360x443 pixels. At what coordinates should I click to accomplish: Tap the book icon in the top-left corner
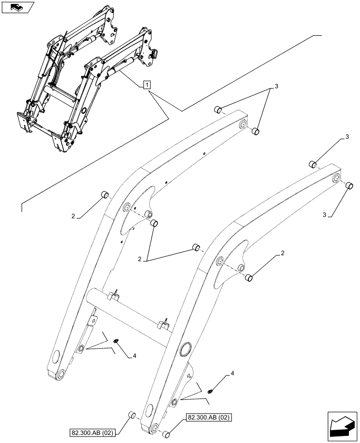pos(16,7)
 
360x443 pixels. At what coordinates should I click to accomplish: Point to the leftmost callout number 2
pos(73,216)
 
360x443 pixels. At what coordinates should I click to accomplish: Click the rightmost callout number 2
pos(282,254)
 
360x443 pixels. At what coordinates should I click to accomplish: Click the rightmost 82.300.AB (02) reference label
pos(209,417)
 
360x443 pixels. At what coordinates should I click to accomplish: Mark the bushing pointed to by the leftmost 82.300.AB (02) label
pos(131,415)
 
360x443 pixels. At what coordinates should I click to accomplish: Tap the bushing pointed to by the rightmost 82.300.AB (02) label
pos(166,435)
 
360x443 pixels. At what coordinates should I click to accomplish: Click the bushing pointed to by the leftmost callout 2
pos(105,194)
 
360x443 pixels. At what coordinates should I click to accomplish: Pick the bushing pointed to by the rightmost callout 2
pos(250,278)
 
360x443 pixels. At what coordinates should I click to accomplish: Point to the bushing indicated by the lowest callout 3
pos(349,186)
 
